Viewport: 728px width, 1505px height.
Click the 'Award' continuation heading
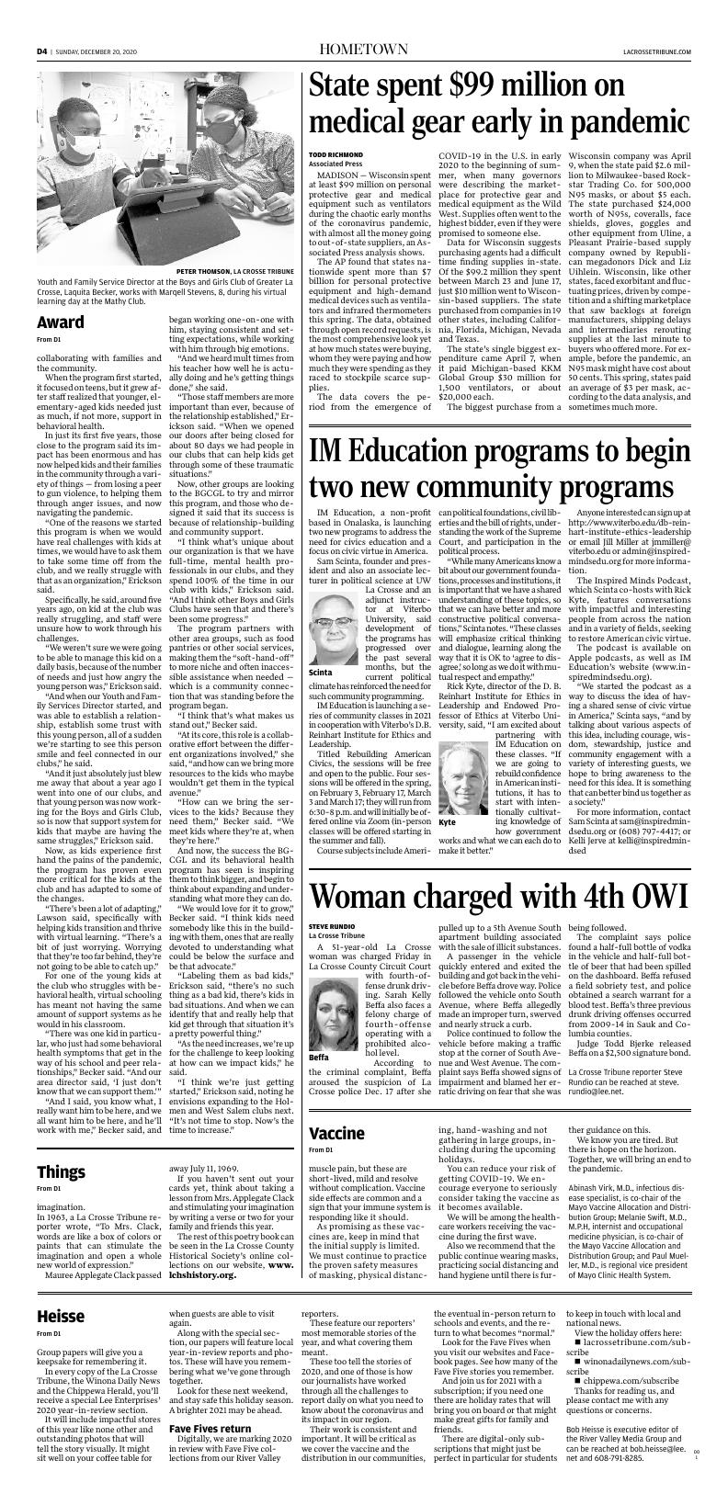[x=60, y=322]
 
